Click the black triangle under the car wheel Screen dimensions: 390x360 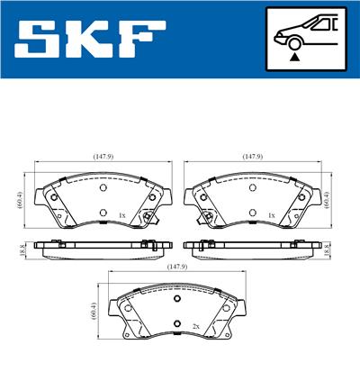click(293, 57)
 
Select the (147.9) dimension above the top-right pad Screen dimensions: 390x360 click(252, 156)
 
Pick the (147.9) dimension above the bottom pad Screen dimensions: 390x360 click(176, 267)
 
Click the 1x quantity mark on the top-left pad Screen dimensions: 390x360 click(121, 216)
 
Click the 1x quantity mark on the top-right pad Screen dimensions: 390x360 click(271, 216)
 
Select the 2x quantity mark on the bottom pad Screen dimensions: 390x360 click(195, 327)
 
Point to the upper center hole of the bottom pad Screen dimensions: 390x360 click(176, 300)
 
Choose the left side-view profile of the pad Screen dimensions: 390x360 click(99, 247)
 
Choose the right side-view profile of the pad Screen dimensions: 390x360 click(252, 247)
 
